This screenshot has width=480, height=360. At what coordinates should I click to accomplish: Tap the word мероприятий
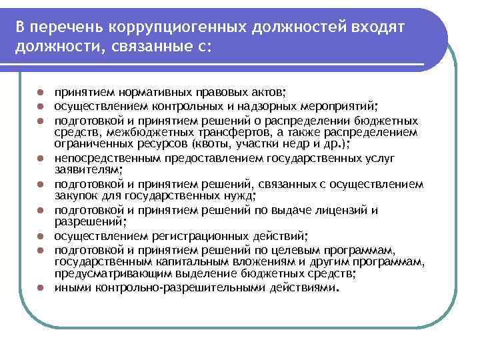pos(341,106)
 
